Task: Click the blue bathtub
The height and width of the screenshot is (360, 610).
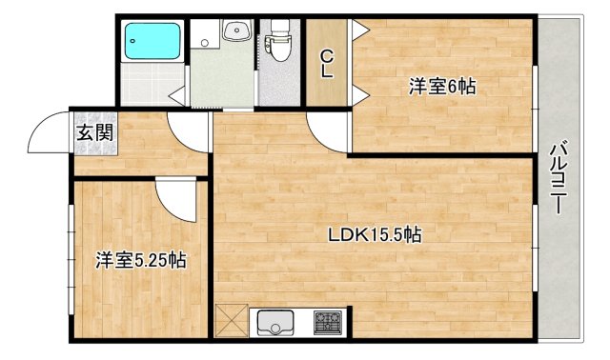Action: pos(152,41)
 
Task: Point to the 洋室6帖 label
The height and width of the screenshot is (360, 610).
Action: pos(442,87)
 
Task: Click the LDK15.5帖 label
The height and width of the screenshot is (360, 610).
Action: pos(376,233)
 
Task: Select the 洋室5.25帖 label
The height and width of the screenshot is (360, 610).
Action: pos(140,260)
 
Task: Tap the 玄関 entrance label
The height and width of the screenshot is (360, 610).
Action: pos(94,131)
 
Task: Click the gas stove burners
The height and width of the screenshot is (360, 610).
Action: pos(330,322)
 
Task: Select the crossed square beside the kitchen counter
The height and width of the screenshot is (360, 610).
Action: pos(231,320)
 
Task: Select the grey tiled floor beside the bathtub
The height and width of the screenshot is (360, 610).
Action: pos(152,83)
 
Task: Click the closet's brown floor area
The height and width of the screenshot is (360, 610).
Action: pos(326,90)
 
